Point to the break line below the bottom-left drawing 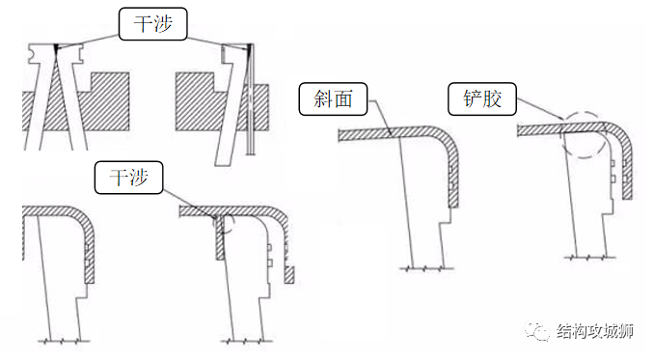[64, 341]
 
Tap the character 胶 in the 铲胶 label [492, 97]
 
